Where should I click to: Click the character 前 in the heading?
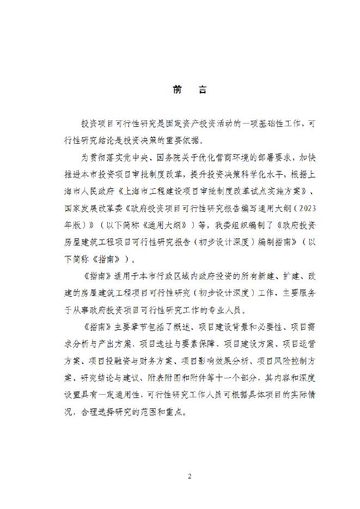click(178, 90)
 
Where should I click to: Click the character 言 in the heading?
click(203, 90)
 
